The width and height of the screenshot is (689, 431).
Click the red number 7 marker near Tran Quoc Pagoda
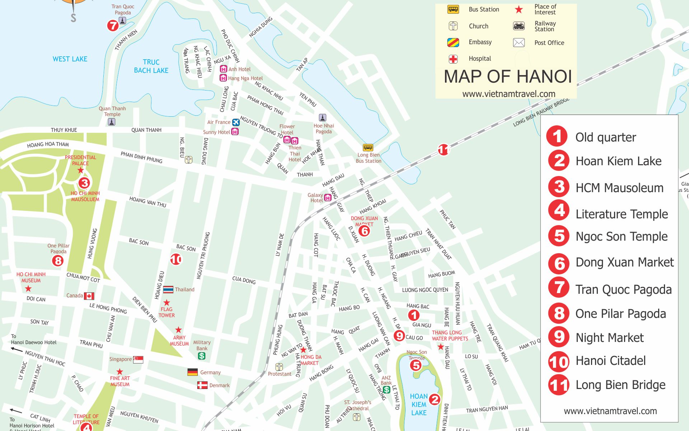[x=113, y=26]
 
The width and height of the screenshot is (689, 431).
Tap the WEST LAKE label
[x=70, y=59]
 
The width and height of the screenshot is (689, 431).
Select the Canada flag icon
[x=89, y=296]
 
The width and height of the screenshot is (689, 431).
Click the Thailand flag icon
[x=168, y=289]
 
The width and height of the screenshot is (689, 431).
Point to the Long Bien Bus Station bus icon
[x=368, y=148]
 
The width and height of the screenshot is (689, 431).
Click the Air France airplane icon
[x=236, y=122]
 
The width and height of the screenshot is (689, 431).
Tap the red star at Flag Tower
[x=167, y=302]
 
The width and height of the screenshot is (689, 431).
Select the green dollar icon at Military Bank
[x=202, y=356]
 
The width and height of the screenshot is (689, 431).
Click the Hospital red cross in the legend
[x=453, y=59]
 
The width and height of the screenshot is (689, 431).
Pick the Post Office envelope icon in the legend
[x=519, y=43]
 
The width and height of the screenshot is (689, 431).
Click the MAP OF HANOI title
[x=507, y=77]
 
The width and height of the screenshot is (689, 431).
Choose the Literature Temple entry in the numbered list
[x=622, y=214]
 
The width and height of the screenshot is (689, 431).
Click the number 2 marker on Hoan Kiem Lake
[x=435, y=399]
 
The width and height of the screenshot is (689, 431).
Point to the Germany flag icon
[x=193, y=372]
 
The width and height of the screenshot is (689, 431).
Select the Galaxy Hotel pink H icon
[x=328, y=198]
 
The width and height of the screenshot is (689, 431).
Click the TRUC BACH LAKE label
[x=151, y=66]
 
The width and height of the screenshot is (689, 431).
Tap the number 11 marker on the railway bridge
[x=443, y=149]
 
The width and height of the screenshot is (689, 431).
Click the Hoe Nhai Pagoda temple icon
[x=323, y=117]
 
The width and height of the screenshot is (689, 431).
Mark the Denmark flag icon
[x=202, y=385]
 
